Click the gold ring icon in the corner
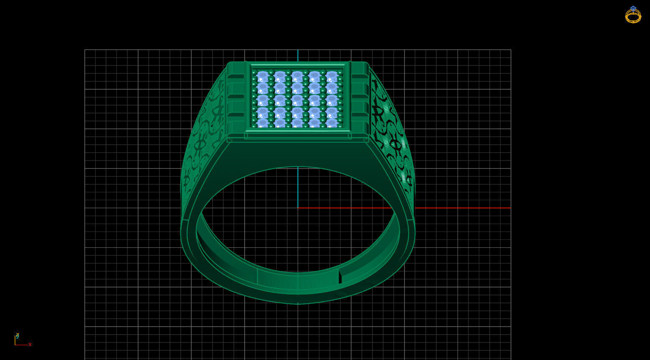(633, 15)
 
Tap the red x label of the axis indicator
(30, 345)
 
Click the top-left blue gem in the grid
(263, 77)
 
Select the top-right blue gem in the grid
(332, 77)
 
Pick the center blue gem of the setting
(297, 101)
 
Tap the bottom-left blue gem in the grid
(263, 123)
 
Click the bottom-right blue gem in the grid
(332, 123)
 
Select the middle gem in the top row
(297, 77)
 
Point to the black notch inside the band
(340, 277)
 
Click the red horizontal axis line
(459, 208)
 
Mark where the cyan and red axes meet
(298, 208)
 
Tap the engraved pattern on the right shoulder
(392, 138)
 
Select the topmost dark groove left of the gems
(236, 76)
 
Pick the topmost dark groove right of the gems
(359, 76)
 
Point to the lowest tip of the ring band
(298, 304)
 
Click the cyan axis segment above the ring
(298, 55)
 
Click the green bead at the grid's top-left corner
(254, 72)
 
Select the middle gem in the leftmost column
(263, 101)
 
